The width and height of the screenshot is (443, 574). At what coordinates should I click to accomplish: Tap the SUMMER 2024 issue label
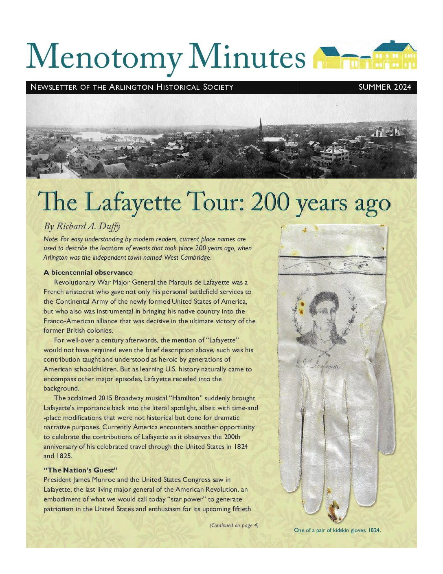click(384, 87)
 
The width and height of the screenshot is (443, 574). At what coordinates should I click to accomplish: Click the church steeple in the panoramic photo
click(260, 129)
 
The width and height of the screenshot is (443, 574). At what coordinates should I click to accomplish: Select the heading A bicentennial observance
click(88, 272)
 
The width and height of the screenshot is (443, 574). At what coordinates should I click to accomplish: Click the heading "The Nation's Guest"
click(81, 470)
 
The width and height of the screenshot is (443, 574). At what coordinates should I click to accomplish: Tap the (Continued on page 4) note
click(234, 525)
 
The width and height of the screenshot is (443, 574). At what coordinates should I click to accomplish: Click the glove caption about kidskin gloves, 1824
click(337, 530)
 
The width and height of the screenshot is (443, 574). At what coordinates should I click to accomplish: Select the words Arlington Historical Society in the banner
click(171, 87)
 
